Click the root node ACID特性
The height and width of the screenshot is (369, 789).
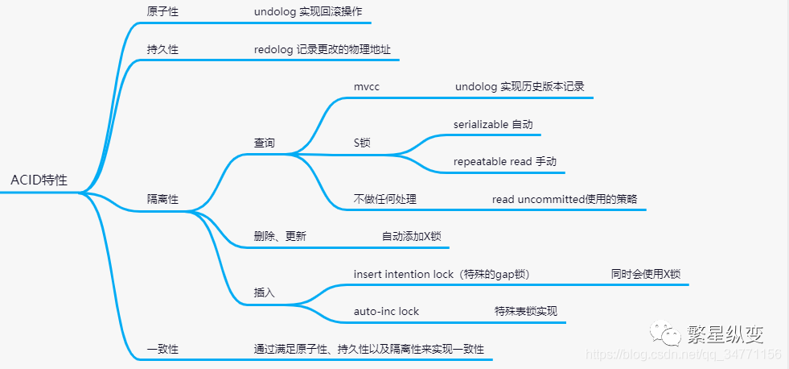pos(39,180)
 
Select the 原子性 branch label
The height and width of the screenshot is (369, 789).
pos(162,12)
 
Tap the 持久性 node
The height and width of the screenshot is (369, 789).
pos(162,49)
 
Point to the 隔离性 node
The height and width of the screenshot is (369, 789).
pos(162,199)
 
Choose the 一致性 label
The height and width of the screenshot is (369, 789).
pos(162,349)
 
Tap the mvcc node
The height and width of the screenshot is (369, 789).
pos(366,86)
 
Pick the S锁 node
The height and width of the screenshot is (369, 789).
pos(362,143)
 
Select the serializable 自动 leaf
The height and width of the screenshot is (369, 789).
pos(492,124)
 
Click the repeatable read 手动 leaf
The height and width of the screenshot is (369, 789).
pos(504,161)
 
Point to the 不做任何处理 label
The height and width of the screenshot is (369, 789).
pos(384,199)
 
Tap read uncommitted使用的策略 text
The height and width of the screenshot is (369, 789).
pos(564,199)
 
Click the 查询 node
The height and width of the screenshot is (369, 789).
pos(265,143)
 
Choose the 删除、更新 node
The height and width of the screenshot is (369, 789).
pos(280,236)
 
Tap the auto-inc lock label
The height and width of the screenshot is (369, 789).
pos(386,311)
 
